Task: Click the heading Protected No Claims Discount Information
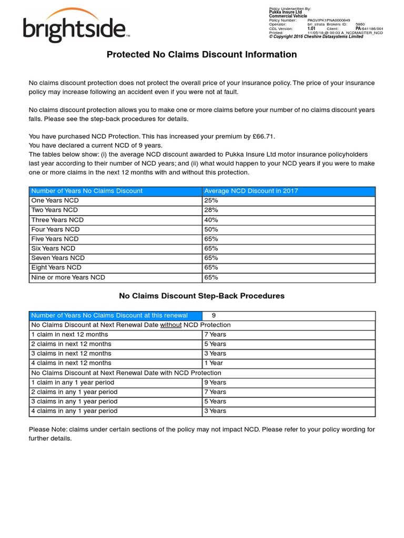coord(201,55)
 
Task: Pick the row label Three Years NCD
coord(57,220)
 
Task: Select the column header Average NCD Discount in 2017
coord(251,191)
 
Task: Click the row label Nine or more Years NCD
coord(68,277)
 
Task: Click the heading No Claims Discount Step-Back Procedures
coord(201,296)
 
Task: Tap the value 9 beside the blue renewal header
coord(214,315)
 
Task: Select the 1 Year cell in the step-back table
coord(213,363)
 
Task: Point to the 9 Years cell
coord(215,382)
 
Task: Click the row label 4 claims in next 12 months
coord(72,363)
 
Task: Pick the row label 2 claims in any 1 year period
coord(74,392)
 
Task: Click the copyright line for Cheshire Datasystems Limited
coord(316,37)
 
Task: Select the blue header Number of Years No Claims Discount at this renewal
coord(109,315)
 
